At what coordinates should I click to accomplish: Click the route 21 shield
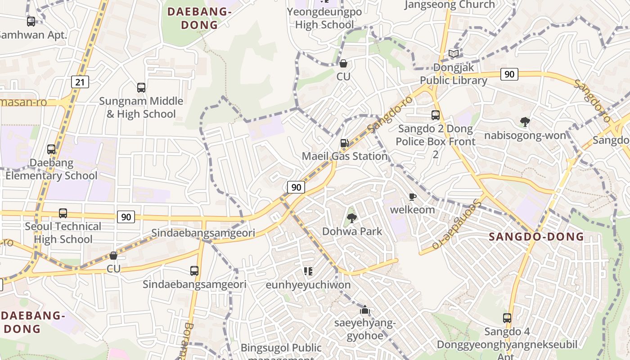[x=80, y=82]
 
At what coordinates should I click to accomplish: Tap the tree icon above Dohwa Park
[x=352, y=218]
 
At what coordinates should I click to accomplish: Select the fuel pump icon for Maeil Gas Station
[x=344, y=143]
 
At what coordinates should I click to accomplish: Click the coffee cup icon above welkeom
[x=412, y=197]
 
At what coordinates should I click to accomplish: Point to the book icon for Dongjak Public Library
[x=454, y=54]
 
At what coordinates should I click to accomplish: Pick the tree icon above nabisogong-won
[x=525, y=121]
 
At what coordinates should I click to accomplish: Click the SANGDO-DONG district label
[x=536, y=237]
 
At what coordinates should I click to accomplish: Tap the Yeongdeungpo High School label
[x=324, y=18]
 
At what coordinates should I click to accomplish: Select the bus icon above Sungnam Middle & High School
[x=141, y=88]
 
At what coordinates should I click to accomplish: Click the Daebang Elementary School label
[x=51, y=169]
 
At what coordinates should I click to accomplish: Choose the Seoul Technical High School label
[x=63, y=233]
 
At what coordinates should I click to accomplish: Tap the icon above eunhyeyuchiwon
[x=308, y=271]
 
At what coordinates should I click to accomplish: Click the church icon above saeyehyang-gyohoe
[x=365, y=310]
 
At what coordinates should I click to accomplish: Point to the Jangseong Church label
[x=450, y=5]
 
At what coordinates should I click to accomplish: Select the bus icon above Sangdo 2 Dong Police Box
[x=435, y=115]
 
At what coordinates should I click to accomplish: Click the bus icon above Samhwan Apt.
[x=31, y=21]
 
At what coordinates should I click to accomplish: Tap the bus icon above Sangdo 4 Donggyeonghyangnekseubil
[x=507, y=318]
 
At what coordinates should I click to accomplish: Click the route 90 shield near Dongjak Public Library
[x=509, y=74]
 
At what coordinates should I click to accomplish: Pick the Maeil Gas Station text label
[x=345, y=156]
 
